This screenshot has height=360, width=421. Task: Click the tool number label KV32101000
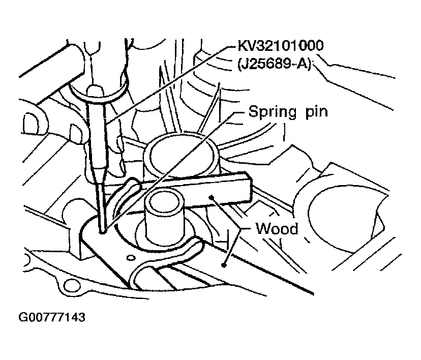pos(281,46)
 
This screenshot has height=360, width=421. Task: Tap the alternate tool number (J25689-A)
pos(275,65)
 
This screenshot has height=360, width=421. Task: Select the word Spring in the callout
pos(273,112)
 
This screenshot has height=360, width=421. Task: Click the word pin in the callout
pos(317,111)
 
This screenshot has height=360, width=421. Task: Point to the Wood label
pos(277,229)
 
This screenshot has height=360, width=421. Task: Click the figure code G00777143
pos(51,317)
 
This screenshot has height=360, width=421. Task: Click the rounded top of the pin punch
pos(96,90)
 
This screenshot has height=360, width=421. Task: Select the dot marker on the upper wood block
pos(212,198)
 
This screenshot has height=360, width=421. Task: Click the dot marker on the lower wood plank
pos(223,265)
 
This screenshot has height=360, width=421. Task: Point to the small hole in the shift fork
pos(131,257)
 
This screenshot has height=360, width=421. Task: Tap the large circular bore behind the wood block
pos(181,155)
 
